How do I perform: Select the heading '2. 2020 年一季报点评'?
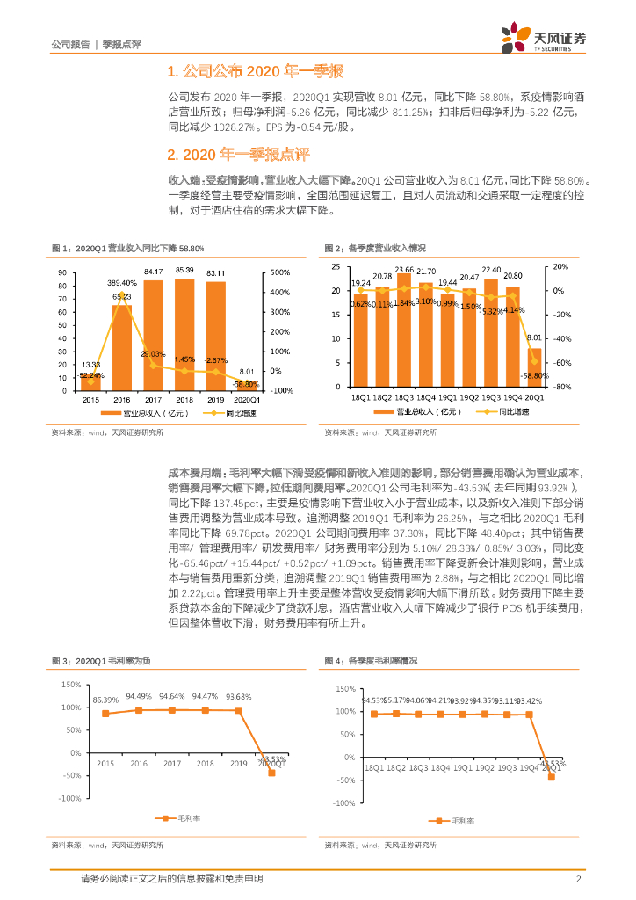[238, 155]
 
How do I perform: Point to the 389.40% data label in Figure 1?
[122, 283]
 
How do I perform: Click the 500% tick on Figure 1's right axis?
[280, 272]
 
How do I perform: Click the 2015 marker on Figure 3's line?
[105, 714]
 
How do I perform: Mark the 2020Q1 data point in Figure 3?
[272, 773]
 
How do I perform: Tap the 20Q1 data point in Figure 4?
[552, 777]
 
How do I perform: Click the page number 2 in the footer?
[579, 879]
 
